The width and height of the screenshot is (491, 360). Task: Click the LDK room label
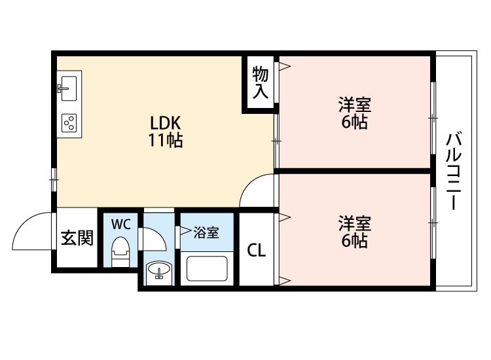coord(166,123)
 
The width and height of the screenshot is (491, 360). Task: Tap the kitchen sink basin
coord(69,88)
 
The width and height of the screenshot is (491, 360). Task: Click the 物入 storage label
coord(261,82)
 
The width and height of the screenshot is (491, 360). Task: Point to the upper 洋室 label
coord(354,105)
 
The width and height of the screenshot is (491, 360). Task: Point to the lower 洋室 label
coord(354,223)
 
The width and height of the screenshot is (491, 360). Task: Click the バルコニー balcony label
coord(454,171)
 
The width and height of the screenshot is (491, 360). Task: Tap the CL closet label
coord(257,250)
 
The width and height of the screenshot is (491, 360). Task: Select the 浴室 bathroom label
coord(206,232)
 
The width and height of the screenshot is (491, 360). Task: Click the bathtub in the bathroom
coord(207,268)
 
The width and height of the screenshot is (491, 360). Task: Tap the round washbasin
coord(159,270)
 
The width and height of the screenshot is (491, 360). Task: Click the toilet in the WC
coord(120,251)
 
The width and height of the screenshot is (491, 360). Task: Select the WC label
coord(121,224)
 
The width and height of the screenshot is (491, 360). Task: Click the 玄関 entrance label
coord(77,238)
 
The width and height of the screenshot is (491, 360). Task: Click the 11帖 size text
coord(166,140)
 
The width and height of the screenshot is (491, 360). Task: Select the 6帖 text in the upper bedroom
coord(354,122)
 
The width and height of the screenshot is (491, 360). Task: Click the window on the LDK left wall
coord(54,179)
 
